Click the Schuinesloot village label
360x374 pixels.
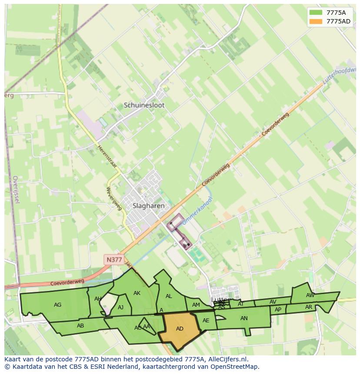click(144, 105)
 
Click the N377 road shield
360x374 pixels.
click(114, 260)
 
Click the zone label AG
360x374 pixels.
click(57, 305)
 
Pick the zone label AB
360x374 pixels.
click(80, 326)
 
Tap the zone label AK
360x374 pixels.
click(137, 293)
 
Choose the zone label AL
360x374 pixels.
click(169, 296)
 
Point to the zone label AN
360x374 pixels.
click(244, 318)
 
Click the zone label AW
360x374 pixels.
click(310, 295)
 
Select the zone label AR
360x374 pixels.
click(309, 307)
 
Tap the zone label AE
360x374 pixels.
click(206, 321)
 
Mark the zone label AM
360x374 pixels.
click(196, 305)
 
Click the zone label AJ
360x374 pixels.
click(121, 308)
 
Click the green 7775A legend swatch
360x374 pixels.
click(316, 13)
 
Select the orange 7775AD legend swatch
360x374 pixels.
click(316, 21)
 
